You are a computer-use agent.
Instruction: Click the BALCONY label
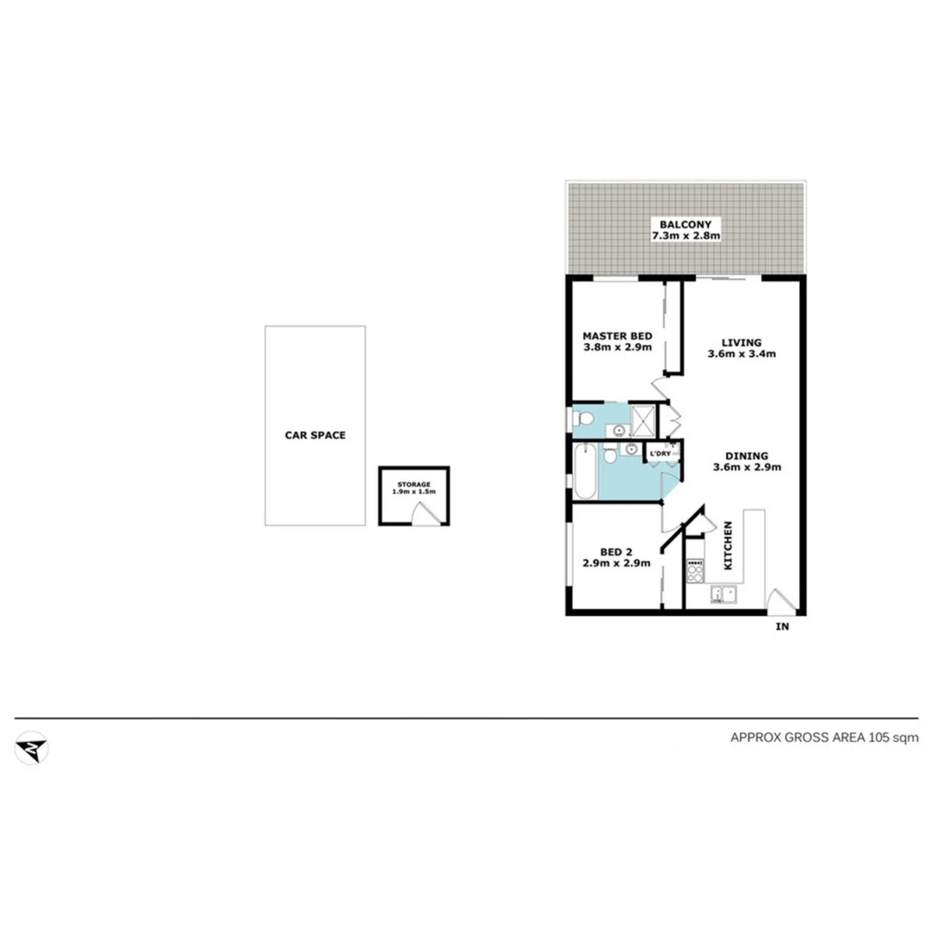tap(685, 224)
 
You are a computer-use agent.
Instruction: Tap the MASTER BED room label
tap(617, 336)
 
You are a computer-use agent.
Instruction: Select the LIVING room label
tap(740, 342)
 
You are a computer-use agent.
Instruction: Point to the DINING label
tap(747, 456)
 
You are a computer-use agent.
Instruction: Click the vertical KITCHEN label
tap(729, 545)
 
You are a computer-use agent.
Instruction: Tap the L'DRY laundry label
tap(660, 454)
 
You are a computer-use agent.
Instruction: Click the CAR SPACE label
tap(315, 435)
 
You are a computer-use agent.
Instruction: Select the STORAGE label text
tap(413, 484)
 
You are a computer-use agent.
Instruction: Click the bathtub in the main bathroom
tap(584, 471)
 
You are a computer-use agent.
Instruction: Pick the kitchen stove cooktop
tap(695, 569)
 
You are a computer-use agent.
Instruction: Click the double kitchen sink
tap(722, 595)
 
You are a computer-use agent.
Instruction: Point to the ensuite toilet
tap(582, 420)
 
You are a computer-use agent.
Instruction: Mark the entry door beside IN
tap(779, 601)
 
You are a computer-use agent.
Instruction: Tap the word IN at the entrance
tap(782, 627)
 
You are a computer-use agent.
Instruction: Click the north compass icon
tap(32, 748)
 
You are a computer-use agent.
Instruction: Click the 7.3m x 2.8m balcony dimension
tap(686, 236)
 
